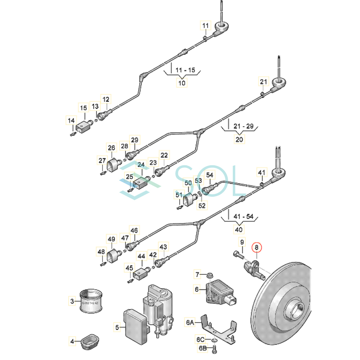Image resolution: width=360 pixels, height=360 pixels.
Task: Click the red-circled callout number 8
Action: point(256,247)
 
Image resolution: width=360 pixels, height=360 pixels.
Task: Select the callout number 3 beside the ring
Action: point(72,301)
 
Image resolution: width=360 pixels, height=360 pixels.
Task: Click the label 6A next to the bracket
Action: point(190,322)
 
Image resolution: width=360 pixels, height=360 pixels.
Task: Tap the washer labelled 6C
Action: point(214,340)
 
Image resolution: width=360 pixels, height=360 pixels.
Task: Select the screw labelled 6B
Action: point(214,349)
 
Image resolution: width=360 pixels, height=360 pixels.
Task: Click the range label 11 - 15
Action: point(185,70)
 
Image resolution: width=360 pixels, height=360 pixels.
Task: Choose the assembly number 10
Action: point(182,83)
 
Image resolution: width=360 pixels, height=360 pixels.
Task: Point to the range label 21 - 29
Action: point(244,126)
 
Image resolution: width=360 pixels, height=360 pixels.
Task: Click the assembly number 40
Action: point(239,230)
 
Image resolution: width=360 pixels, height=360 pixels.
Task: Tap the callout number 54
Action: point(210,175)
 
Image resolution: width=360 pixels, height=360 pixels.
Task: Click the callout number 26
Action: point(111,148)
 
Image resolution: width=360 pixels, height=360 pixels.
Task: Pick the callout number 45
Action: point(129,268)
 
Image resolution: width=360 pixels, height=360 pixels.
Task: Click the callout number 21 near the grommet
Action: point(263,82)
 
